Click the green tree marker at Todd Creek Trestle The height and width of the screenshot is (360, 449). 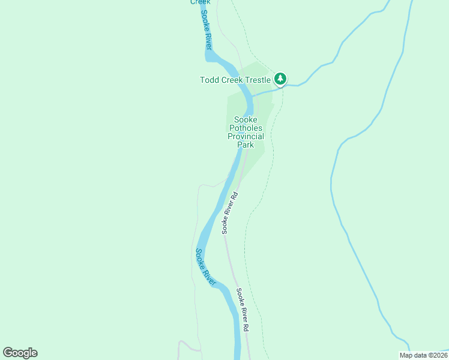tap(280, 79)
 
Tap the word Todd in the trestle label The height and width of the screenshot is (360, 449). tap(209, 80)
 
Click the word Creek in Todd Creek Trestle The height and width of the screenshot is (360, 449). tap(234, 80)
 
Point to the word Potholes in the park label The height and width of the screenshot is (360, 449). tap(246, 128)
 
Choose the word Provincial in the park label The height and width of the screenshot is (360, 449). tap(246, 136)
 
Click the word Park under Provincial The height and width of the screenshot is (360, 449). tap(246, 145)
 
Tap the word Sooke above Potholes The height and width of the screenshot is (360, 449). tap(246, 119)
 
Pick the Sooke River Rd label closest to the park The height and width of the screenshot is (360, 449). tap(230, 212)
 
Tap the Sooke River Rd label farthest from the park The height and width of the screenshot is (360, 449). tap(242, 310)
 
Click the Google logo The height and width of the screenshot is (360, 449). tap(20, 353)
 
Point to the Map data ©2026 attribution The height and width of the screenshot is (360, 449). tap(423, 355)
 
